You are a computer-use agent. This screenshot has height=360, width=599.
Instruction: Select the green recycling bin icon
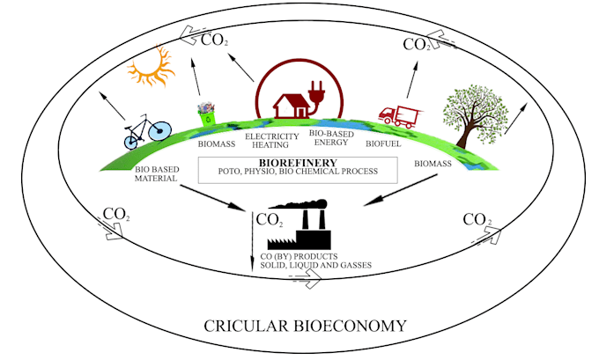tap(207, 115)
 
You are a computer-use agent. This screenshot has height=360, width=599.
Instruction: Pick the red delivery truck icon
tap(398, 115)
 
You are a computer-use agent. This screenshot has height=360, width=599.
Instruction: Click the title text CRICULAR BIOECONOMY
tap(304, 325)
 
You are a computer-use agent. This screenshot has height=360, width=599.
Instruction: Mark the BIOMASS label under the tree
tap(439, 165)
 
